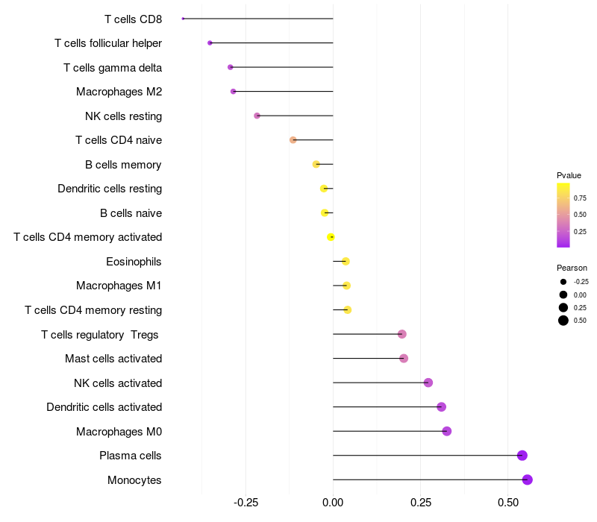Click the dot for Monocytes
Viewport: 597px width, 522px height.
pos(528,479)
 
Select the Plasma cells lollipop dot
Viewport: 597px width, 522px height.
pos(522,456)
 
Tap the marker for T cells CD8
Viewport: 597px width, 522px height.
pos(183,19)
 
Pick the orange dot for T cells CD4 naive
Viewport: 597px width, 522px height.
pos(293,140)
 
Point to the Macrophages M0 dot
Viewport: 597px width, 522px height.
pos(447,431)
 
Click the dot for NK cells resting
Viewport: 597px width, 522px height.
pos(257,116)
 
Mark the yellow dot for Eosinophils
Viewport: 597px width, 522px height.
pos(346,261)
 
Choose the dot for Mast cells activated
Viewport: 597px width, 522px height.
pos(404,359)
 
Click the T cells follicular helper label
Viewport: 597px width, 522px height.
pos(108,43)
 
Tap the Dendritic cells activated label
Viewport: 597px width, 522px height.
pos(104,407)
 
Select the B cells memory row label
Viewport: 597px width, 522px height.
pos(124,165)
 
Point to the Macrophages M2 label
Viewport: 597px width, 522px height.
pos(119,92)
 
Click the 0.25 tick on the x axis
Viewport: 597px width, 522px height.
pos(421,503)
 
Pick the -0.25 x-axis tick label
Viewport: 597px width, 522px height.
pos(246,503)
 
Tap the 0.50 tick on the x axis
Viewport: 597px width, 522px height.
pos(508,503)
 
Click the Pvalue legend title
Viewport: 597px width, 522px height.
pos(569,175)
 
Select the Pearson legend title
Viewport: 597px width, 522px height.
pos(572,268)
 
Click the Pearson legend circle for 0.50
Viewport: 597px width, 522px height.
pos(563,321)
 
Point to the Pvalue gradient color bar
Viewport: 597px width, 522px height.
pos(563,215)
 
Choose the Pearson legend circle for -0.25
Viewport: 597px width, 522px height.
pos(563,282)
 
